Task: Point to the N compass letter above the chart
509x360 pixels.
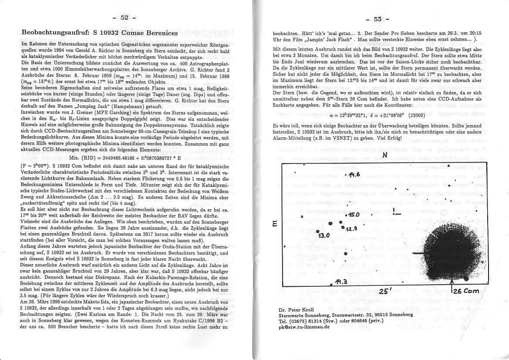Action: point(385,155)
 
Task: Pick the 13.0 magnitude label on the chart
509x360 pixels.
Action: point(325,235)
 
